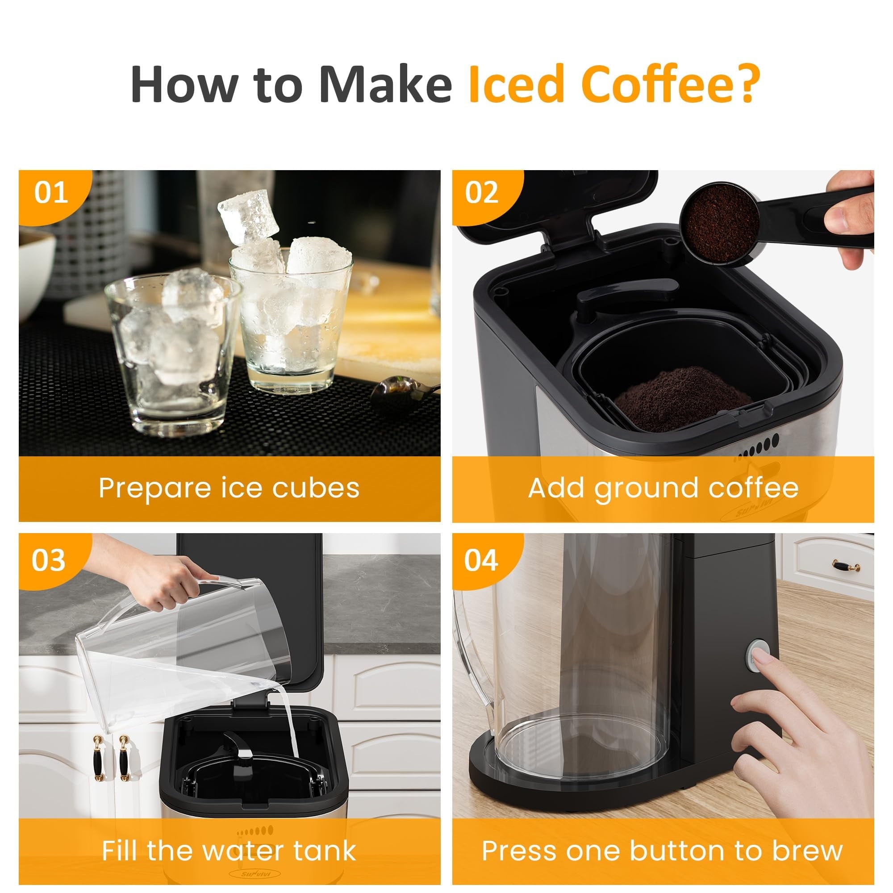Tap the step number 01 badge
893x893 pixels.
51,193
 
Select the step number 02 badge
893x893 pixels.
482,193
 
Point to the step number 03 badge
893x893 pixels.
48,561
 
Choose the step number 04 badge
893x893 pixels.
481,561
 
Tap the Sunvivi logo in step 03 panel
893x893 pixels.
254,874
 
